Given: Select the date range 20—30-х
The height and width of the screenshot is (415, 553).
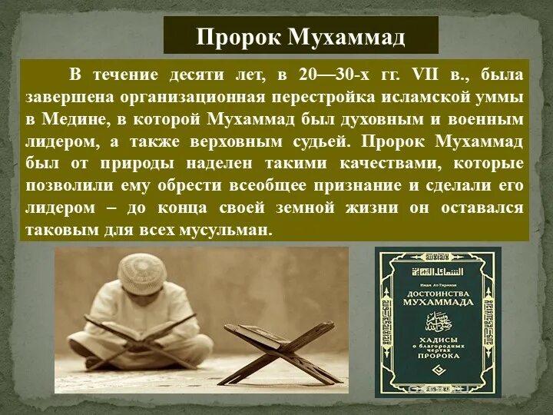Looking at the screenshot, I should point(328,75).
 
